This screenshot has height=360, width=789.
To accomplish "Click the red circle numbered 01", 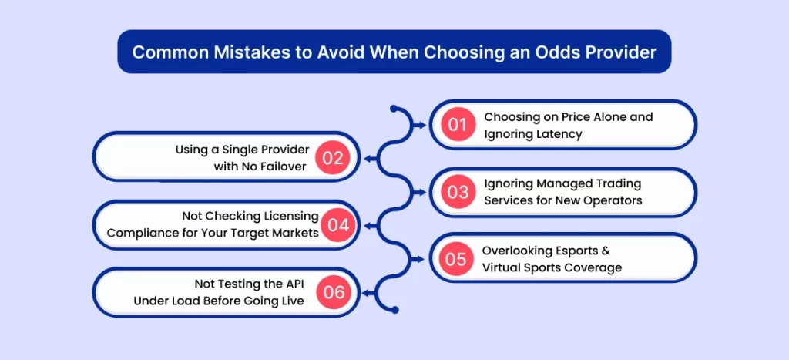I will pyautogui.click(x=457, y=125).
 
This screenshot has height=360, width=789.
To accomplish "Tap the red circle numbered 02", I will pyautogui.click(x=333, y=158).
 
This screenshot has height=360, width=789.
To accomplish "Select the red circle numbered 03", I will pyautogui.click(x=457, y=192).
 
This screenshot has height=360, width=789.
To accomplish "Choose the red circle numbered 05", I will pyautogui.click(x=456, y=259).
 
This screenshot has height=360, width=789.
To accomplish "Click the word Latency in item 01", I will pyautogui.click(x=557, y=134).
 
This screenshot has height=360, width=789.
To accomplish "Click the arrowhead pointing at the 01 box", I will pyautogui.click(x=418, y=124).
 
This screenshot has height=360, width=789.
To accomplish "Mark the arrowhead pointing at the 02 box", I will pyautogui.click(x=367, y=158).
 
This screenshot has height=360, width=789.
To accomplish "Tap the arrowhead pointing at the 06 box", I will pyautogui.click(x=367, y=292).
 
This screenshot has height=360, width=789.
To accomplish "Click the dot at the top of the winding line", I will pyautogui.click(x=393, y=109).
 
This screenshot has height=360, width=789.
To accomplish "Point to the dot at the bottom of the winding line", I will pyautogui.click(x=394, y=310).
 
